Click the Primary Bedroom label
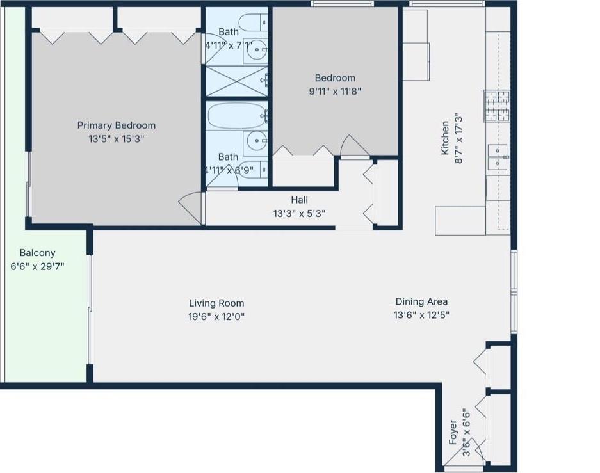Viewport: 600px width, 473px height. (x=116, y=125)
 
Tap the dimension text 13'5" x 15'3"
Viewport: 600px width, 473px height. (x=116, y=138)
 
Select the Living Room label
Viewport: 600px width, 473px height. (x=216, y=303)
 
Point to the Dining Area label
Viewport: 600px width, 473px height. (x=421, y=301)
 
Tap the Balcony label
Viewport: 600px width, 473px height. (x=37, y=253)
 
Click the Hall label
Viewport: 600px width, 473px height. (x=299, y=200)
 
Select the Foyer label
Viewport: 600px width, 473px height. (x=453, y=432)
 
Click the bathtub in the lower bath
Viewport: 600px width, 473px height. (x=236, y=116)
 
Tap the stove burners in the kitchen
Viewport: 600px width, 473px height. (x=497, y=106)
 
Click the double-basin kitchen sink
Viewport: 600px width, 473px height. (x=497, y=157)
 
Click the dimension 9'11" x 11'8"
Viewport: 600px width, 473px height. (x=335, y=91)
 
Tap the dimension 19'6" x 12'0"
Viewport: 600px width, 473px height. (x=216, y=316)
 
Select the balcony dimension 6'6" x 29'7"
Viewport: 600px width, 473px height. (x=37, y=266)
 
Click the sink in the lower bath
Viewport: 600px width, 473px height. (x=257, y=140)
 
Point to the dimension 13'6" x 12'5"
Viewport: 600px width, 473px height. (x=421, y=315)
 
